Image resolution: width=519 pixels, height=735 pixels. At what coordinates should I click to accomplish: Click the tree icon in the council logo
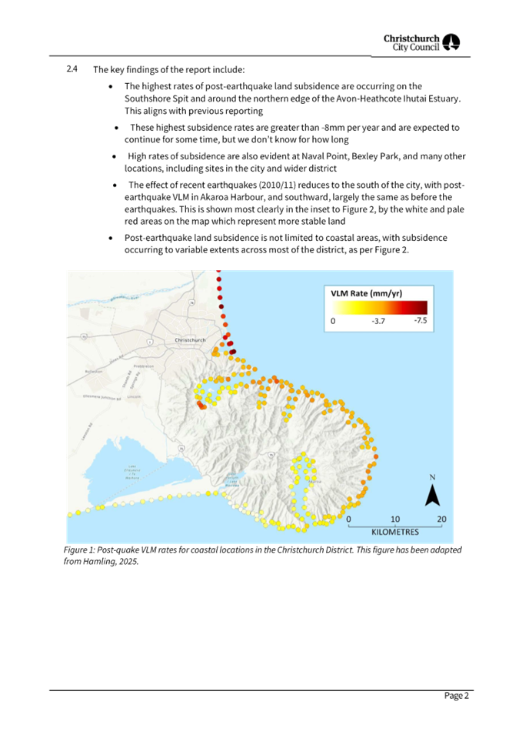click(x=453, y=42)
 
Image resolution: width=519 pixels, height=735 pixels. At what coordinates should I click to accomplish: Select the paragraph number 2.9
click(x=72, y=69)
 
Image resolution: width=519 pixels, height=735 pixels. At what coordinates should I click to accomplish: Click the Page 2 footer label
click(x=457, y=696)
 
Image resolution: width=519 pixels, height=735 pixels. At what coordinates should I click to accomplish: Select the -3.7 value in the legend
click(x=378, y=320)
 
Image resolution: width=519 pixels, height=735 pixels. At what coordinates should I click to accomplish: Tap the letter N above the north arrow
click(x=433, y=477)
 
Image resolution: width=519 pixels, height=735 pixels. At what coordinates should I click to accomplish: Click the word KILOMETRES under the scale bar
click(x=394, y=532)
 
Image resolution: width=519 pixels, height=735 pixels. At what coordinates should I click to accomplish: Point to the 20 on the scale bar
click(x=441, y=520)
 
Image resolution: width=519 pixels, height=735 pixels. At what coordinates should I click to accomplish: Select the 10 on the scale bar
click(x=395, y=520)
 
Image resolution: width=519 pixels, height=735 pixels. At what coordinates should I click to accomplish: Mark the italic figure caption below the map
click(x=261, y=556)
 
